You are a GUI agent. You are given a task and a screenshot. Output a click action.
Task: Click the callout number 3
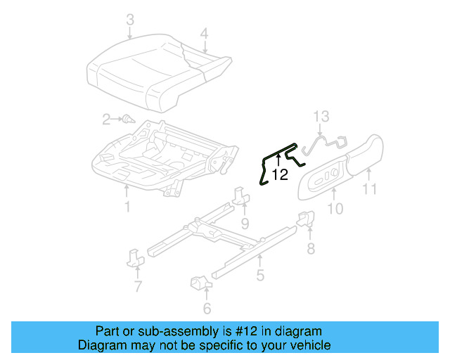point(129,20)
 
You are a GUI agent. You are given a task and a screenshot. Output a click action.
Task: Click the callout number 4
point(204,32)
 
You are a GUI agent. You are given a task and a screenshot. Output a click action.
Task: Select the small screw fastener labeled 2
point(128,120)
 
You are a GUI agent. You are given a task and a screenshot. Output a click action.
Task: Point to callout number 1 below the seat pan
point(127,206)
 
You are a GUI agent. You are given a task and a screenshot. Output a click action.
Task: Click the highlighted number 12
point(280,174)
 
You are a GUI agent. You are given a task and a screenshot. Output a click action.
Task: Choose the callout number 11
point(370,188)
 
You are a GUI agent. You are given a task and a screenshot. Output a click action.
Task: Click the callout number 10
point(335,208)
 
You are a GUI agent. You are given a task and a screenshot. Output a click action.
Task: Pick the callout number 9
point(245,224)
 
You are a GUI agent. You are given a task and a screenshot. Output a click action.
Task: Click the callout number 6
point(207,308)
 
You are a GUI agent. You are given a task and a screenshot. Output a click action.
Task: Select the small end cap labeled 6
point(199,285)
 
